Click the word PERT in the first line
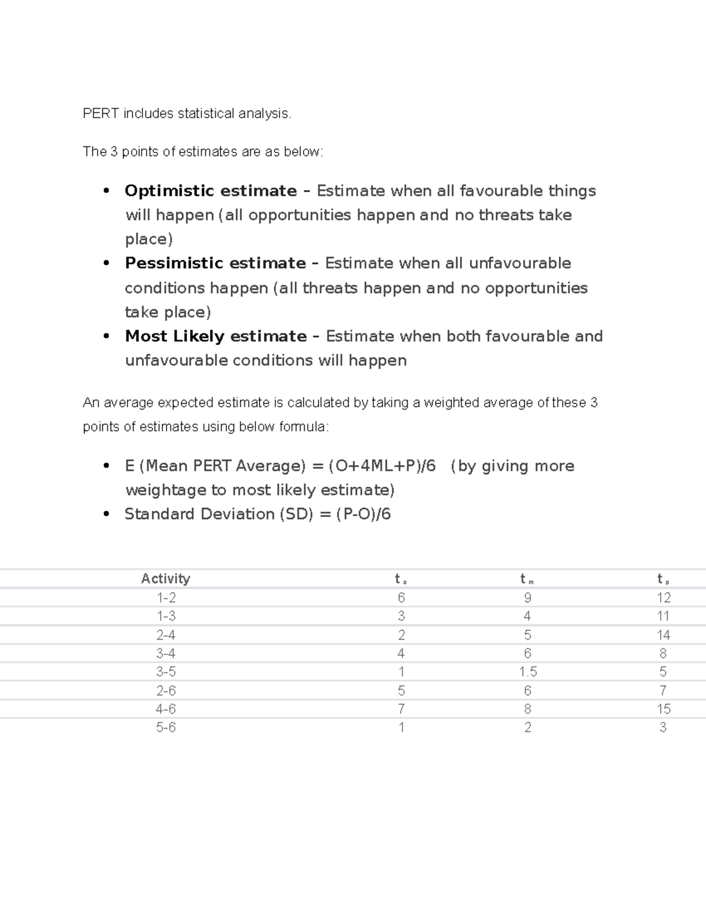(x=101, y=114)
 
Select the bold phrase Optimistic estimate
(x=211, y=191)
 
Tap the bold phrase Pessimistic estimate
(x=215, y=263)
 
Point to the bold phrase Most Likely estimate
(x=215, y=336)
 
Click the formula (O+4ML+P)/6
(x=382, y=466)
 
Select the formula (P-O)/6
(x=363, y=514)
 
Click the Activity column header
(x=165, y=579)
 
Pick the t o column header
(x=401, y=579)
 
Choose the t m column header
(x=527, y=579)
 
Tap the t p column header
(x=663, y=579)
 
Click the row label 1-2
(x=166, y=598)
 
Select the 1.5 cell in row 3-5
(x=528, y=672)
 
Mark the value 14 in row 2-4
(x=663, y=635)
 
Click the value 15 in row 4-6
(x=663, y=709)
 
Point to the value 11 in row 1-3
(x=663, y=616)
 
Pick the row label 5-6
(x=166, y=727)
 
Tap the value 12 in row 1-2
(x=663, y=598)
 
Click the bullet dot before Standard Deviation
(x=106, y=514)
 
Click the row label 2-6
(x=166, y=690)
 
